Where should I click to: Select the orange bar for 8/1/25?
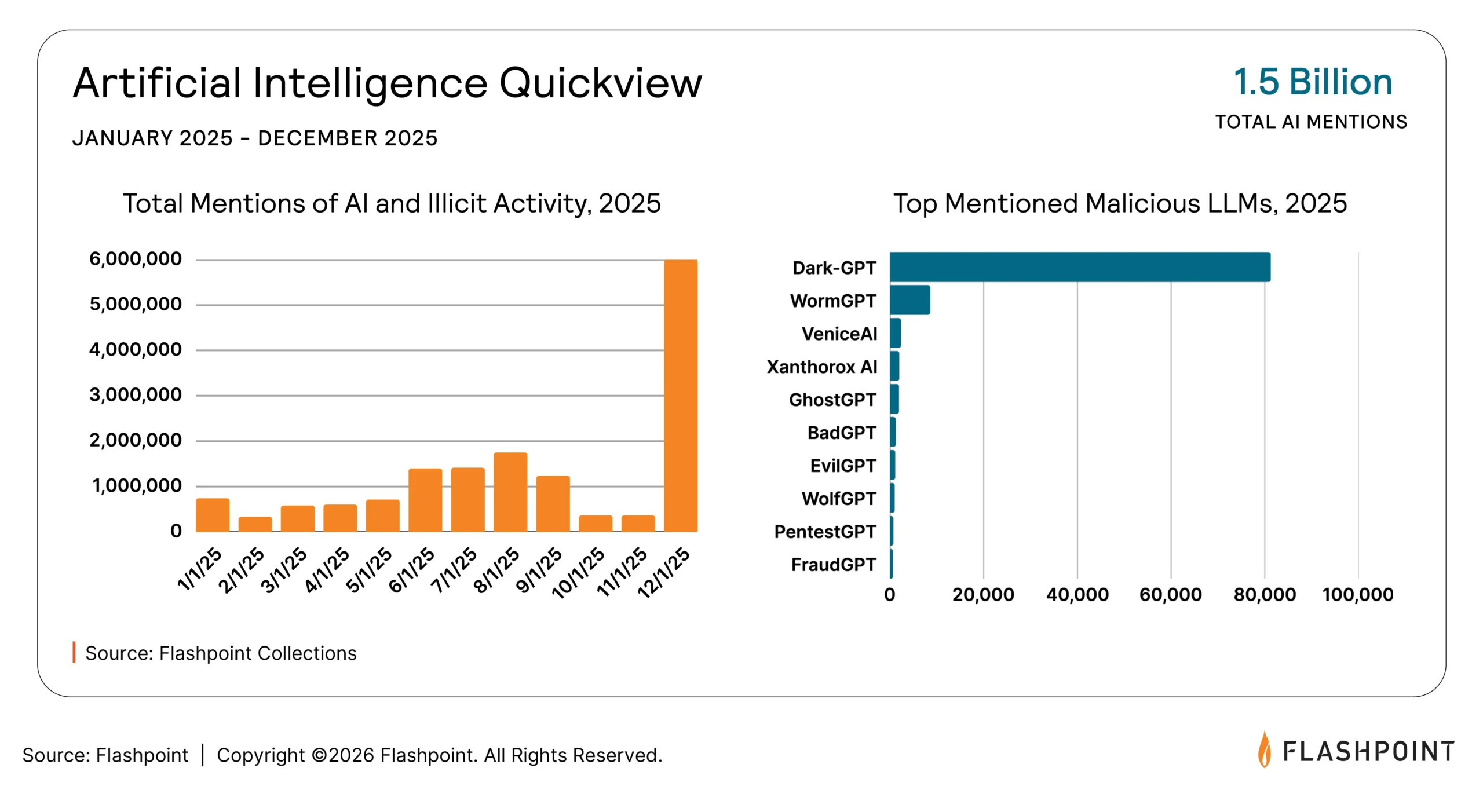(x=510, y=492)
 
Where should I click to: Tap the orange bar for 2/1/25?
(x=255, y=524)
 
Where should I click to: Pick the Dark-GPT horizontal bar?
(x=1080, y=267)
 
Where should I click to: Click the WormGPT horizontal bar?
(x=909, y=300)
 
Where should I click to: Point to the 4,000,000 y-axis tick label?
(x=135, y=349)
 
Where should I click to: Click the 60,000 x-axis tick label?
(x=1170, y=594)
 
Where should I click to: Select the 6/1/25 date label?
(x=411, y=570)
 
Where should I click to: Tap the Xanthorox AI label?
(x=821, y=367)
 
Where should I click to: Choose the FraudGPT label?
(x=833, y=564)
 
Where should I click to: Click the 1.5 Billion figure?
(x=1313, y=82)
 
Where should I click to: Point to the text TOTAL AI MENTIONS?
(x=1311, y=122)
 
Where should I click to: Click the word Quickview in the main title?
(x=600, y=83)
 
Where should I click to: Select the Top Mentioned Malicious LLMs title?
(x=1120, y=203)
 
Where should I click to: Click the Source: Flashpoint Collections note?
(x=221, y=653)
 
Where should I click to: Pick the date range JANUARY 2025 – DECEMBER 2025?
(x=255, y=138)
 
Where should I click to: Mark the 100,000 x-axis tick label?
(x=1357, y=594)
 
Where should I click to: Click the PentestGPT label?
(x=824, y=531)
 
